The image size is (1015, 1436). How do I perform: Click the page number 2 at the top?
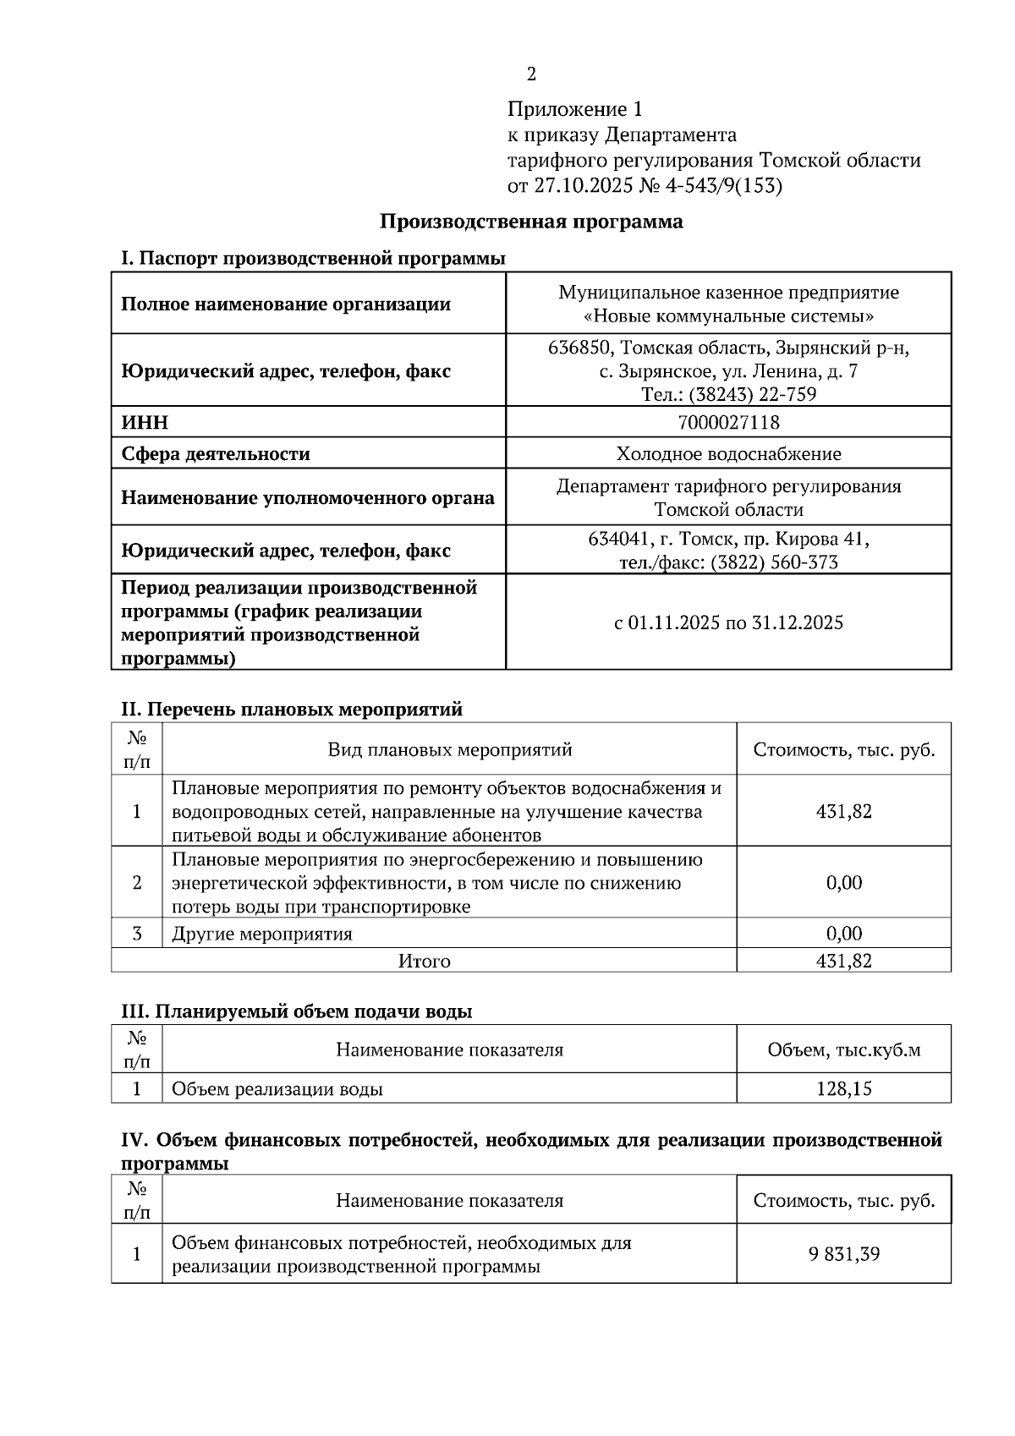(531, 75)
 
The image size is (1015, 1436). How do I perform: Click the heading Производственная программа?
(531, 222)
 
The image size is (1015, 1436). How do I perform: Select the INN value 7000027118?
(728, 422)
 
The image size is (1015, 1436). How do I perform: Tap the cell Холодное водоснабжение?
(728, 454)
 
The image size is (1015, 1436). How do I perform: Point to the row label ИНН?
(145, 422)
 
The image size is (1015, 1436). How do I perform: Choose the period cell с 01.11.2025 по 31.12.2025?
(728, 623)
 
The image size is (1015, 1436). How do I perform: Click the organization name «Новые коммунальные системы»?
(728, 316)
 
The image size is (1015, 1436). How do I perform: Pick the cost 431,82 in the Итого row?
(843, 961)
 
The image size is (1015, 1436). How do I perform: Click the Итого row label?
(424, 962)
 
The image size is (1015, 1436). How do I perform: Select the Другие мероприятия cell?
(262, 934)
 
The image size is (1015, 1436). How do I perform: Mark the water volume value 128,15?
(843, 1089)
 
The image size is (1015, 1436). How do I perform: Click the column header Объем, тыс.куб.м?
(843, 1050)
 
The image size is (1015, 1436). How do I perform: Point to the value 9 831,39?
(843, 1254)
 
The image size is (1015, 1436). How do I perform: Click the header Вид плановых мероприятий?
(449, 750)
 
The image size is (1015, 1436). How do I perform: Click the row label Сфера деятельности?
(216, 454)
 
